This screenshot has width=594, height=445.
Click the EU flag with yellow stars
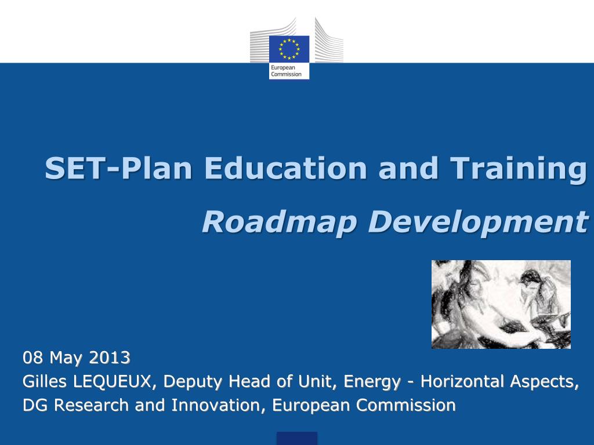[x=289, y=49]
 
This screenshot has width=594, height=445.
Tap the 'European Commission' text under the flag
[x=286, y=71]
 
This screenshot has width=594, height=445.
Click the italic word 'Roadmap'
[x=279, y=222]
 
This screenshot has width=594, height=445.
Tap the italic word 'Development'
[x=478, y=222]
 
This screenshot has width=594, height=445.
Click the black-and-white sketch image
[x=501, y=304]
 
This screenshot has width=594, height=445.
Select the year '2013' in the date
[x=110, y=358]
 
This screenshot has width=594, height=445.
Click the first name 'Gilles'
[x=45, y=381]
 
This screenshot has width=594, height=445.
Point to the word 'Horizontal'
[x=462, y=381]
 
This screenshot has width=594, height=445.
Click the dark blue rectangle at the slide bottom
[x=296, y=438]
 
